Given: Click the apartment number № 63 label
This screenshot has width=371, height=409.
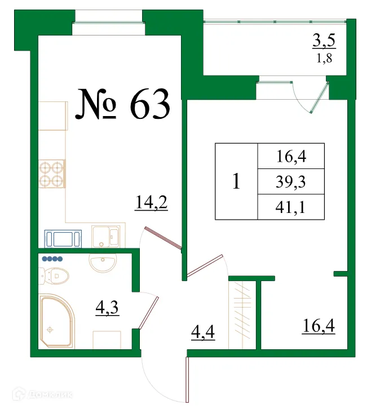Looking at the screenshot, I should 123,105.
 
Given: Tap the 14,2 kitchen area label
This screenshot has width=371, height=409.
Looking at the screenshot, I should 152,201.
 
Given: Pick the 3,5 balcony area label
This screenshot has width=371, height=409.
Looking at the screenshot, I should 323,41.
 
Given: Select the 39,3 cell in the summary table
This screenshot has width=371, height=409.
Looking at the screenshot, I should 291,181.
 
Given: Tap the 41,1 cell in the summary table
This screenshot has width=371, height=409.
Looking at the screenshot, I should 291,207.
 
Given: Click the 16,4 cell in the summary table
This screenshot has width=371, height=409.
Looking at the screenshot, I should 291,156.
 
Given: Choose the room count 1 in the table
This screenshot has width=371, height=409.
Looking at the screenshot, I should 236,181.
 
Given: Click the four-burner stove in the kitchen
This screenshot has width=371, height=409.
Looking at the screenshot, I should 52,174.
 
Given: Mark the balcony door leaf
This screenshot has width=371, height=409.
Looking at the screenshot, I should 319,99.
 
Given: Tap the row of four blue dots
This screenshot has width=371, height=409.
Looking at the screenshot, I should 52,259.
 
